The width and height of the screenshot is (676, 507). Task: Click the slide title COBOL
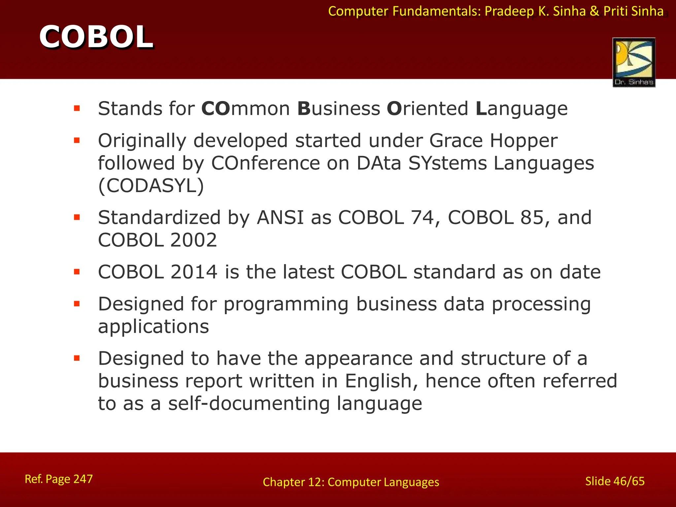coord(96,37)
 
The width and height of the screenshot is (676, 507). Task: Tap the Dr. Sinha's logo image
coord(634,62)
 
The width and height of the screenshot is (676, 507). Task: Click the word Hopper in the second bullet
coord(524,141)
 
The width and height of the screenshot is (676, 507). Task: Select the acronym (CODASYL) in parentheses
coord(151,186)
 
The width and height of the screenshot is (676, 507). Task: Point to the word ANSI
coord(280,218)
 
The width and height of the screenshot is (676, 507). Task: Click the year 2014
coord(194,272)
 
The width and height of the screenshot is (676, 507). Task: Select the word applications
coord(153,327)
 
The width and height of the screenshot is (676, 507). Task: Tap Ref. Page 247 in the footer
coord(59,479)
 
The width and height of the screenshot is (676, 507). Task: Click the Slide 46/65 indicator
coord(615,481)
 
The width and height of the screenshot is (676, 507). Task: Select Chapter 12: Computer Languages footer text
coord(351,482)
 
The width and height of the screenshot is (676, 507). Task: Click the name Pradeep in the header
coord(509,12)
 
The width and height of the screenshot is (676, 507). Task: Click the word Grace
coord(456,141)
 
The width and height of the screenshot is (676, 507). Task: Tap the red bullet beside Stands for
coord(77,108)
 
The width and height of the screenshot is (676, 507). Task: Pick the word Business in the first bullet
coord(339,109)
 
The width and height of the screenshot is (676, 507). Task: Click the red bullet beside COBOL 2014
coord(77,272)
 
